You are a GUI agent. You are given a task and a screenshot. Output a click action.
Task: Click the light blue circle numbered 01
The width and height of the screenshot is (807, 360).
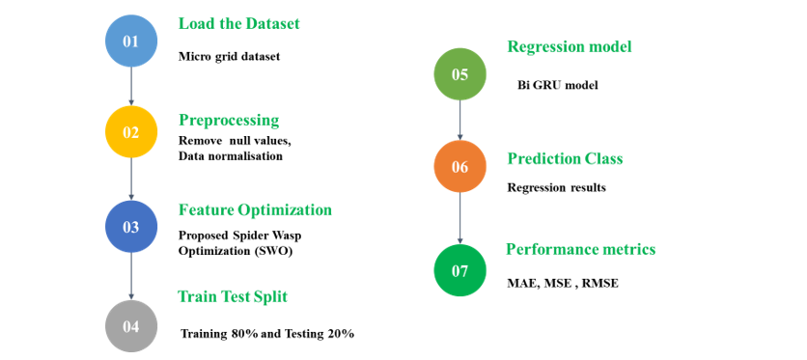click(x=130, y=41)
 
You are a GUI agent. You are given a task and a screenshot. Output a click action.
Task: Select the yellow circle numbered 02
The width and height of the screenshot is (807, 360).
click(x=130, y=131)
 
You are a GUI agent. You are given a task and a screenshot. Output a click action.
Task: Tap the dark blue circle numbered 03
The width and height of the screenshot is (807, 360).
click(x=130, y=226)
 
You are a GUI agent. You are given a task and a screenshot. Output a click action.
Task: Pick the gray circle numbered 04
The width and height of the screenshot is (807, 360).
click(x=130, y=326)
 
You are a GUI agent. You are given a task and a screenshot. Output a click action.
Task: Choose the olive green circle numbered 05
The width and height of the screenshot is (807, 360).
click(x=459, y=74)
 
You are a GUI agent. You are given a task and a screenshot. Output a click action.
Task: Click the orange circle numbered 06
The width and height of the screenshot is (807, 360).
click(x=459, y=166)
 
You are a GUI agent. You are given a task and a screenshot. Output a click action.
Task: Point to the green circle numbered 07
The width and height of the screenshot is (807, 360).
click(x=459, y=270)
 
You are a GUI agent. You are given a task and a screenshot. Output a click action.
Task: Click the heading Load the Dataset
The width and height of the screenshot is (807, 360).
click(x=238, y=24)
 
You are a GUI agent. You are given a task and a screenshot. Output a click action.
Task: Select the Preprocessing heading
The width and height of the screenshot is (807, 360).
click(x=229, y=121)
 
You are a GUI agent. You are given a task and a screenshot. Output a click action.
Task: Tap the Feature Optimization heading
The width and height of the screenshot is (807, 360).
click(x=255, y=210)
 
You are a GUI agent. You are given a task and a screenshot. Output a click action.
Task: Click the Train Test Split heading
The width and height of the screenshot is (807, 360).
click(x=233, y=296)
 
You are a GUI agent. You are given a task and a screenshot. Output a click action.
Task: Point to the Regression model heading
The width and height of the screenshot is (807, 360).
click(x=570, y=47)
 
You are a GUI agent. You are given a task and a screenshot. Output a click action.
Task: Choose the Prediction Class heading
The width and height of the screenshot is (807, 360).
click(x=565, y=159)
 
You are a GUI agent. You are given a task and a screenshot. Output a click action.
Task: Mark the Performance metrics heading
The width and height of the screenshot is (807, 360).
click(x=580, y=249)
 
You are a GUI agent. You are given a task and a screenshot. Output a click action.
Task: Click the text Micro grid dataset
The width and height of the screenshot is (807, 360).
click(x=229, y=57)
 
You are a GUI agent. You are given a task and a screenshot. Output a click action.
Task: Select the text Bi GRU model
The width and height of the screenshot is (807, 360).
click(x=557, y=86)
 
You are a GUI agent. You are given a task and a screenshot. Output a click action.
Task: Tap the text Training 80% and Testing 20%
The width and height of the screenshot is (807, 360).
click(x=267, y=334)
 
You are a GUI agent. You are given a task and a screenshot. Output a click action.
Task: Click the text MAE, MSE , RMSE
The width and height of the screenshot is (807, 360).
click(x=563, y=284)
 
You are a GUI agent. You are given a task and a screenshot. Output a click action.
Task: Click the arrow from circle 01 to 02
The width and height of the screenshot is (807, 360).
click(x=130, y=86)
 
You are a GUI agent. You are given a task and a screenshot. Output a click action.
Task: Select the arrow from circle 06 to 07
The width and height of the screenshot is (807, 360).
click(x=459, y=218)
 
